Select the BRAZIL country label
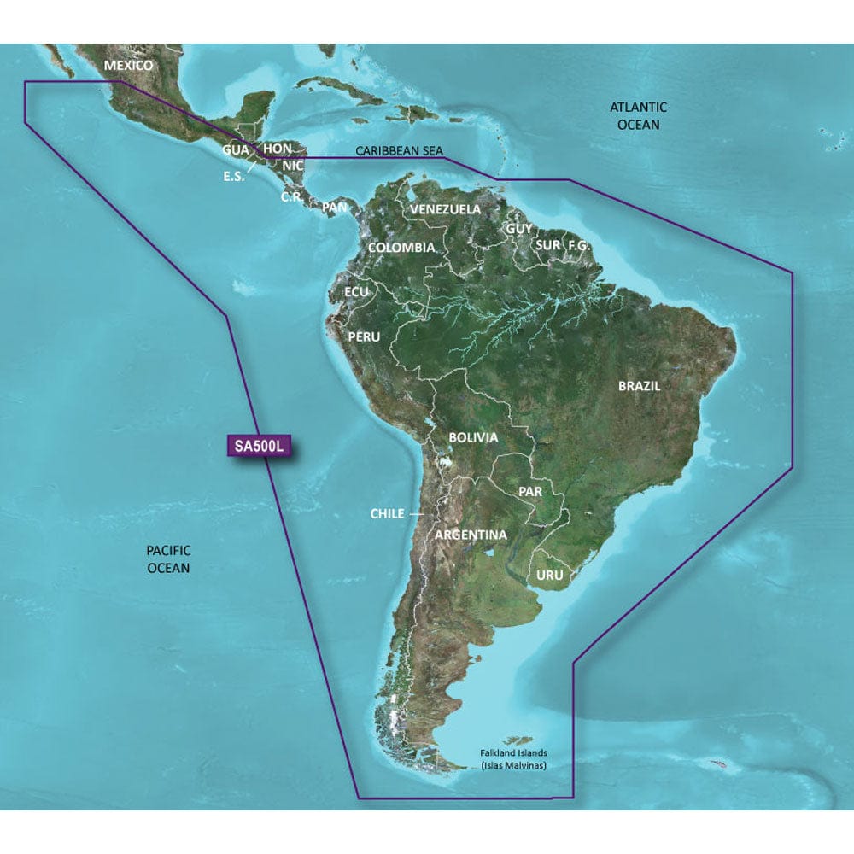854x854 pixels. pyautogui.click(x=640, y=386)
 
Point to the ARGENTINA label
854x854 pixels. pyautogui.click(x=471, y=535)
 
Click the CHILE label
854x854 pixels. pyautogui.click(x=386, y=514)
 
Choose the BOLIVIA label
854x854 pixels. pyautogui.click(x=473, y=437)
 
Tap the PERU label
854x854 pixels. pyautogui.click(x=364, y=337)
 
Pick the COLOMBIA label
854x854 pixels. pyautogui.click(x=401, y=248)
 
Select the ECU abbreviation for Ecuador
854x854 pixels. pyautogui.click(x=356, y=292)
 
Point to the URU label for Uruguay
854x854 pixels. pyautogui.click(x=550, y=576)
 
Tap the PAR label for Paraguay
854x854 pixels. pyautogui.click(x=531, y=493)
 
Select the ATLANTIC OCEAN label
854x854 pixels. pyautogui.click(x=637, y=116)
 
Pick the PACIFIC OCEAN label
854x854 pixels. pyautogui.click(x=168, y=559)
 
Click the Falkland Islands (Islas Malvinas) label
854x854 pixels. pyautogui.click(x=512, y=760)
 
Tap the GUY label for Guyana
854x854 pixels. pyautogui.click(x=518, y=229)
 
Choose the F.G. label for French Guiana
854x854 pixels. pyautogui.click(x=579, y=245)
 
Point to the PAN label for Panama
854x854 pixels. pyautogui.click(x=335, y=207)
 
